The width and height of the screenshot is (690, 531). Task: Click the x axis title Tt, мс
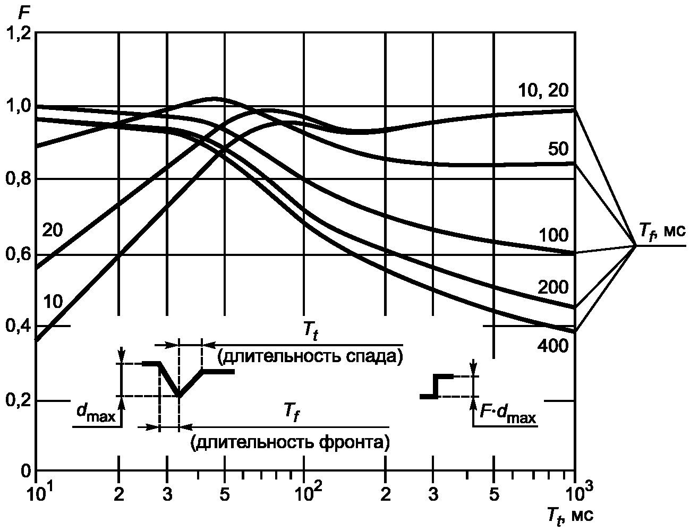570,515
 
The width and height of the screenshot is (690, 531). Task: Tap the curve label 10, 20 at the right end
542,90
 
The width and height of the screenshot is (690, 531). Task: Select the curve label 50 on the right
558,149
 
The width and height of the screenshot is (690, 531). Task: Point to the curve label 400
553,347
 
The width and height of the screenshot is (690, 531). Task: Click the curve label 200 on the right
553,288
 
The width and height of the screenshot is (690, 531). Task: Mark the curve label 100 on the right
553,235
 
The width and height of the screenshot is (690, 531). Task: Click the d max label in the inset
95,415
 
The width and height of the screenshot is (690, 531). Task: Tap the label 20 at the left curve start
53,230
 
